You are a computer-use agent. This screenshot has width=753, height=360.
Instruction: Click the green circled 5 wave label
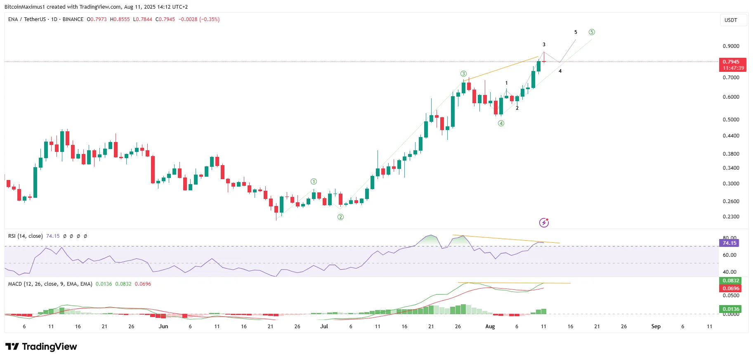point(592,32)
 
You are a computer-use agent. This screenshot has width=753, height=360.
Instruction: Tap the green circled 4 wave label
point(501,123)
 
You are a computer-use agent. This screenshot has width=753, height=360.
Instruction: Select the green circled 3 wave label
point(464,74)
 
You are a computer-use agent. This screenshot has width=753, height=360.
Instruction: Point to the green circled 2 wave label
point(340,217)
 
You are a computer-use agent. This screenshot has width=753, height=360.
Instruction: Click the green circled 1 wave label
point(314,181)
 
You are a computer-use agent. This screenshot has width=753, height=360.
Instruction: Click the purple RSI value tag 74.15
point(729,243)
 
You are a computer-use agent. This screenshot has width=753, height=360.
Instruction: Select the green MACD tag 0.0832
point(731,281)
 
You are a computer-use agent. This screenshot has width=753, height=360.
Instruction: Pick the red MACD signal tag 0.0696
point(731,289)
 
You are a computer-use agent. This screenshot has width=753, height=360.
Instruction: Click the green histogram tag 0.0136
point(731,309)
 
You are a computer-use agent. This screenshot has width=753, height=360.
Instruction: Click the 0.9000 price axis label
point(731,46)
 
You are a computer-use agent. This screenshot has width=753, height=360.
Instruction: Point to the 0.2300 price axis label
point(731,217)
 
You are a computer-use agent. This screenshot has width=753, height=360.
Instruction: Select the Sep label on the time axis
point(656,327)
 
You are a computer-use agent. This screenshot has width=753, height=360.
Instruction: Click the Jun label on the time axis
point(163,327)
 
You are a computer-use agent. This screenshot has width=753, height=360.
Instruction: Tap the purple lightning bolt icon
point(544,223)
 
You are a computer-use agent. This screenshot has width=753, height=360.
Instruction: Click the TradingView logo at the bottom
point(41,347)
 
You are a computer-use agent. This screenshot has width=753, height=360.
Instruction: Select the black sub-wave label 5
point(576,32)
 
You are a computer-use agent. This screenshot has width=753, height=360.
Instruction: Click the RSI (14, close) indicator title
point(25,236)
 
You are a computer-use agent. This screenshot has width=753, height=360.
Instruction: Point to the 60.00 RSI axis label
point(729,255)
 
